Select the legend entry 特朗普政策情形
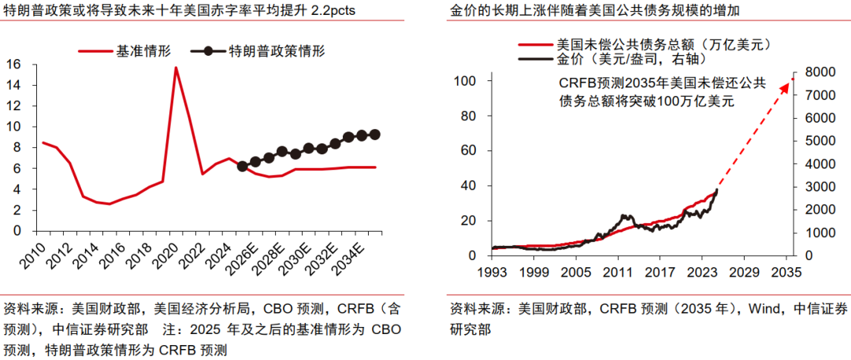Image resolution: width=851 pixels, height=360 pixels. (276, 51)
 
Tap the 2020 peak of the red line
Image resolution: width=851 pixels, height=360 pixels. (176, 68)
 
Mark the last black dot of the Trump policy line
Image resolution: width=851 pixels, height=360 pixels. (374, 135)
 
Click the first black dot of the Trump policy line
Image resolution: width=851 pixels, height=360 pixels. (242, 166)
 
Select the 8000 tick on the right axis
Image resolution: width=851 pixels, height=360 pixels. (819, 72)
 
